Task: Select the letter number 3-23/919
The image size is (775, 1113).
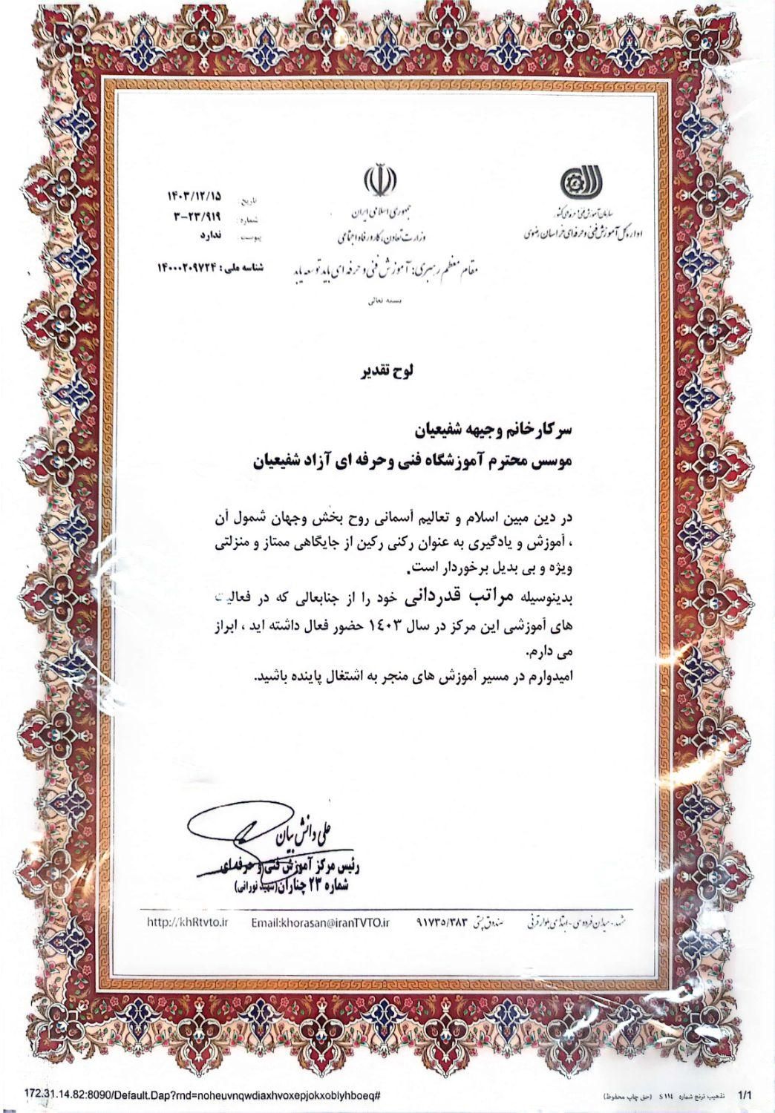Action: coord(198,217)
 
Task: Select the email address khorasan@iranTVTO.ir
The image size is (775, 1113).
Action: coord(321,922)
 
